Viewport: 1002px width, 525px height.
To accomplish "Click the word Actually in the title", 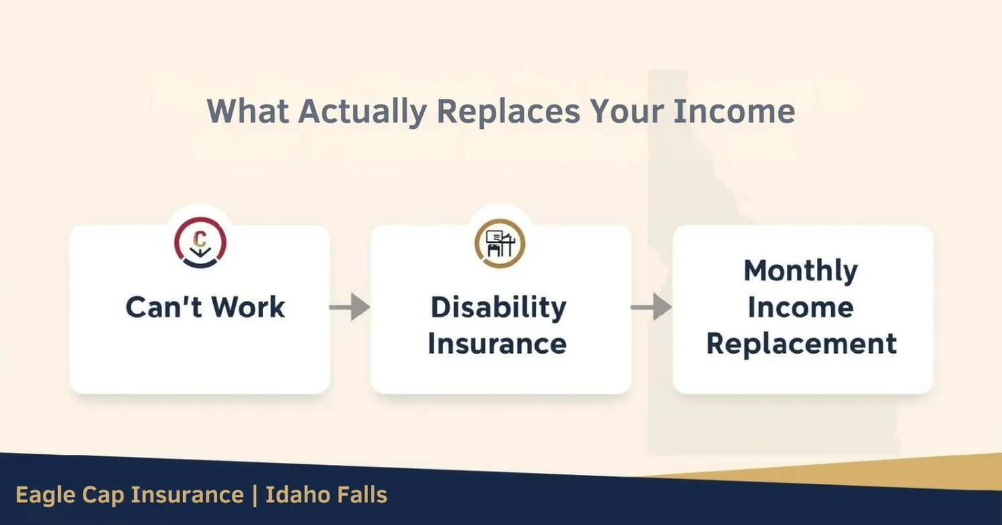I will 361,111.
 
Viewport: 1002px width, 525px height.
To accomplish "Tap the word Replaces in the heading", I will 508,111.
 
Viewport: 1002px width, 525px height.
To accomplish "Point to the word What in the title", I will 248,111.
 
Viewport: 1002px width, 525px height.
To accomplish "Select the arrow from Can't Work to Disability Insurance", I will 349,308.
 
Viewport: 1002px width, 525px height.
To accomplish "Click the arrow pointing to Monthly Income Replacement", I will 651,308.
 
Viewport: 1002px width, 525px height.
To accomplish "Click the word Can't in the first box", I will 163,307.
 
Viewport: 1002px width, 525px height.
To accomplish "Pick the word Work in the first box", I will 248,307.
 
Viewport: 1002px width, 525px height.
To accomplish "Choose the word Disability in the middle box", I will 498,308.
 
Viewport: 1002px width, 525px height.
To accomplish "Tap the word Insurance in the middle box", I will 497,344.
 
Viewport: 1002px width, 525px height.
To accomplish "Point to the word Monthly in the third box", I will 800,272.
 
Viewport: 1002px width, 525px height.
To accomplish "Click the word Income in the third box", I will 800,308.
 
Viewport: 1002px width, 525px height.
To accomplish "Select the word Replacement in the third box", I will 802,344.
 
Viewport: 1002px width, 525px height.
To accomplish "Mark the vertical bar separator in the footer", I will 255,496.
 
